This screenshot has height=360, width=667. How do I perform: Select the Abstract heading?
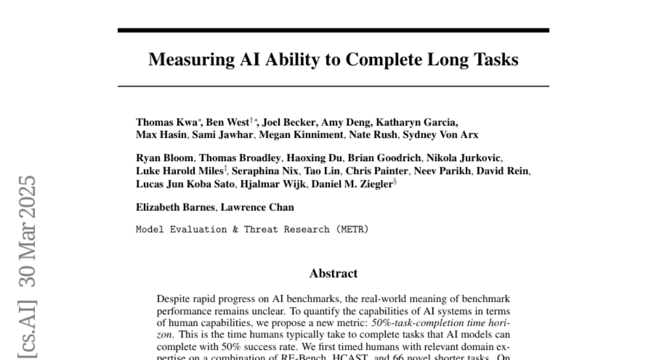click(x=333, y=273)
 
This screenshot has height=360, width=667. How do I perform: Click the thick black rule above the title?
click(x=333, y=30)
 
